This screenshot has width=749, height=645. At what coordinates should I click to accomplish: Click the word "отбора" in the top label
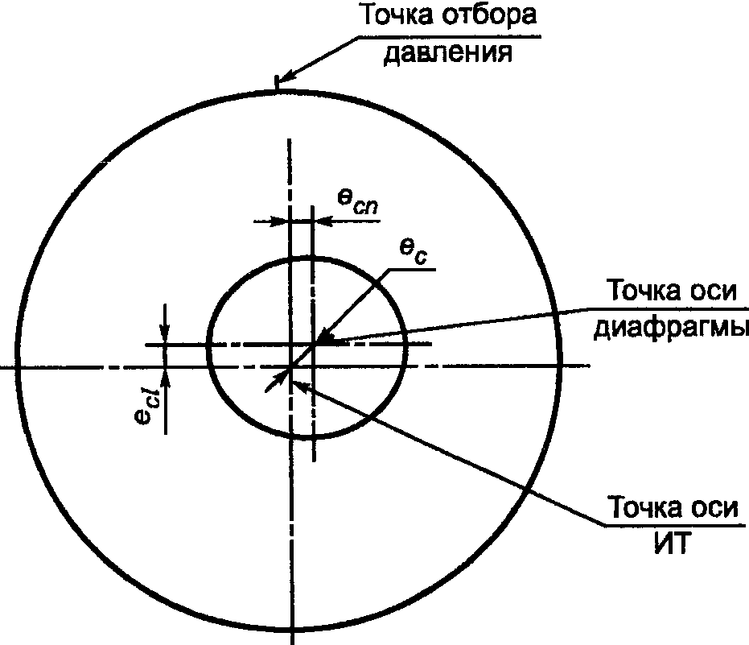pyautogui.click(x=489, y=15)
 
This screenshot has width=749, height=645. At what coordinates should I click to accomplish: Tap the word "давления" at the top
pyautogui.click(x=448, y=52)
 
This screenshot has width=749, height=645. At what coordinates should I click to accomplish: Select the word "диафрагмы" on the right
pyautogui.click(x=671, y=328)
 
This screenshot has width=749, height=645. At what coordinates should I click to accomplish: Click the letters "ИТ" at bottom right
pyautogui.click(x=672, y=544)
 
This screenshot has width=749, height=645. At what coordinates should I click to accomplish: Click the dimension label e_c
pyautogui.click(x=414, y=251)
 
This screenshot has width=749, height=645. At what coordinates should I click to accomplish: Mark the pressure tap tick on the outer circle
pyautogui.click(x=276, y=82)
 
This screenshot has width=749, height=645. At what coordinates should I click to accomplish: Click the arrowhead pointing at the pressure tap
pyautogui.click(x=286, y=77)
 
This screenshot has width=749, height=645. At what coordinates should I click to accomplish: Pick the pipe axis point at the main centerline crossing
pyautogui.click(x=290, y=366)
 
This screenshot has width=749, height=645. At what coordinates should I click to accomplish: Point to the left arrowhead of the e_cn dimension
pyautogui.click(x=280, y=221)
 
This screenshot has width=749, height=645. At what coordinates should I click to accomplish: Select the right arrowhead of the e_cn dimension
pyautogui.click(x=323, y=221)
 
